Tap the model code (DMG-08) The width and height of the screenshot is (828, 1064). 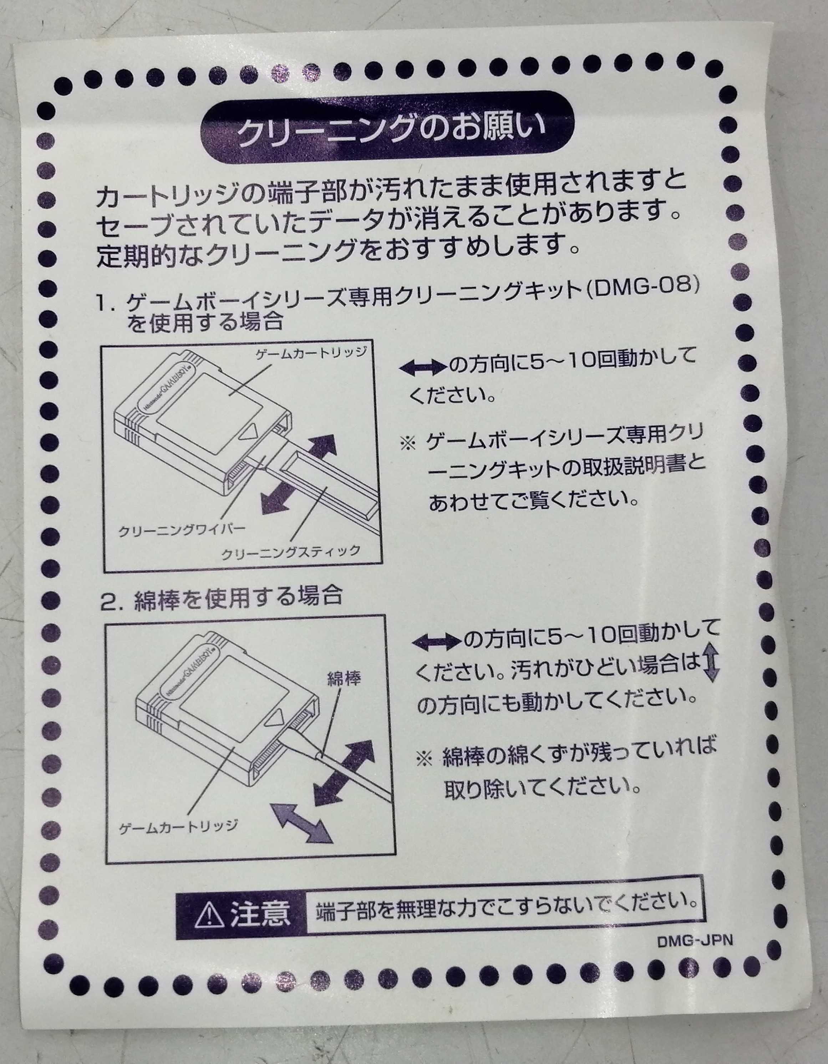click(x=642, y=286)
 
